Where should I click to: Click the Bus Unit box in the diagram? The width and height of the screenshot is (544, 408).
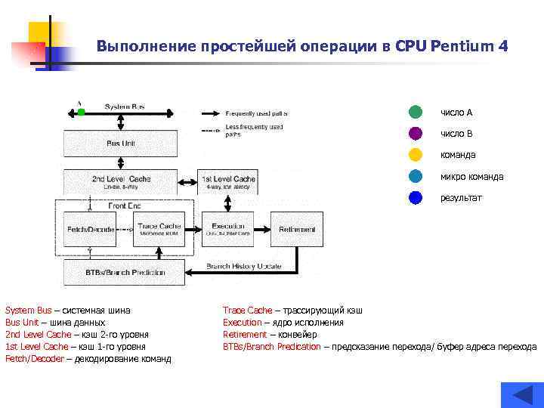pos(121,143)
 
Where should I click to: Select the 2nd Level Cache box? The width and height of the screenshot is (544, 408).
pos(121,181)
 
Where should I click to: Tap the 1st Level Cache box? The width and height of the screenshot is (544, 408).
pos(228,181)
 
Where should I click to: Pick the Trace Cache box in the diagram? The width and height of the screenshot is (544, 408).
pos(159,229)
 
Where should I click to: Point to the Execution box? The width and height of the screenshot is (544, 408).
pos(227,229)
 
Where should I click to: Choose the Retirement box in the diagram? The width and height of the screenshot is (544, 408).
pos(297,229)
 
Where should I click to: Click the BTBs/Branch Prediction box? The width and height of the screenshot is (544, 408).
pos(125,271)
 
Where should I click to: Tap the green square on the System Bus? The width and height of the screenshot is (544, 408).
pos(82,113)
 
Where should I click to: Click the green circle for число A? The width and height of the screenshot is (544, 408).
pos(415,113)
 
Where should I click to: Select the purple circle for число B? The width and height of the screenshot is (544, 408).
pos(415,134)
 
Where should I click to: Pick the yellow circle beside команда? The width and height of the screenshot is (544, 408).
pos(415,155)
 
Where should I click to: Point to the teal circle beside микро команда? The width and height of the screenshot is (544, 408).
pos(415,177)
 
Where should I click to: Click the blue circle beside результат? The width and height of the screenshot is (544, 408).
pos(415,198)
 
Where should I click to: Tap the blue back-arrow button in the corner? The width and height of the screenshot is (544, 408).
pos(522,395)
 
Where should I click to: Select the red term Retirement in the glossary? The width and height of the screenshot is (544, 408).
pos(245,334)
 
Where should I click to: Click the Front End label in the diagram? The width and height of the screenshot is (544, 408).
pos(125,205)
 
